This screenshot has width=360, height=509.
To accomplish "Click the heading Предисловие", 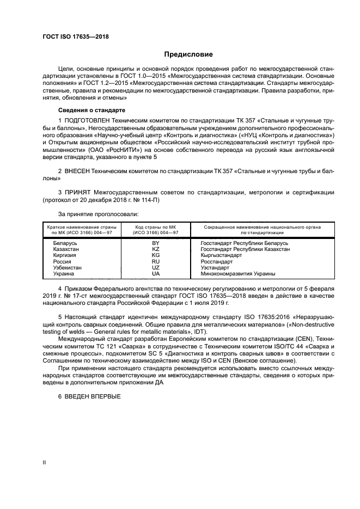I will click(189, 54).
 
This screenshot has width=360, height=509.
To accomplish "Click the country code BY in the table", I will click(155, 242).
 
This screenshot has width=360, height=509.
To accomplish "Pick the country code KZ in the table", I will click(155, 249).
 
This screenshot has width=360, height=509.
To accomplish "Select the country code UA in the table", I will click(155, 274).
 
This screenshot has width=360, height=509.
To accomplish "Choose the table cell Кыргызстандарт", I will click(221, 255).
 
